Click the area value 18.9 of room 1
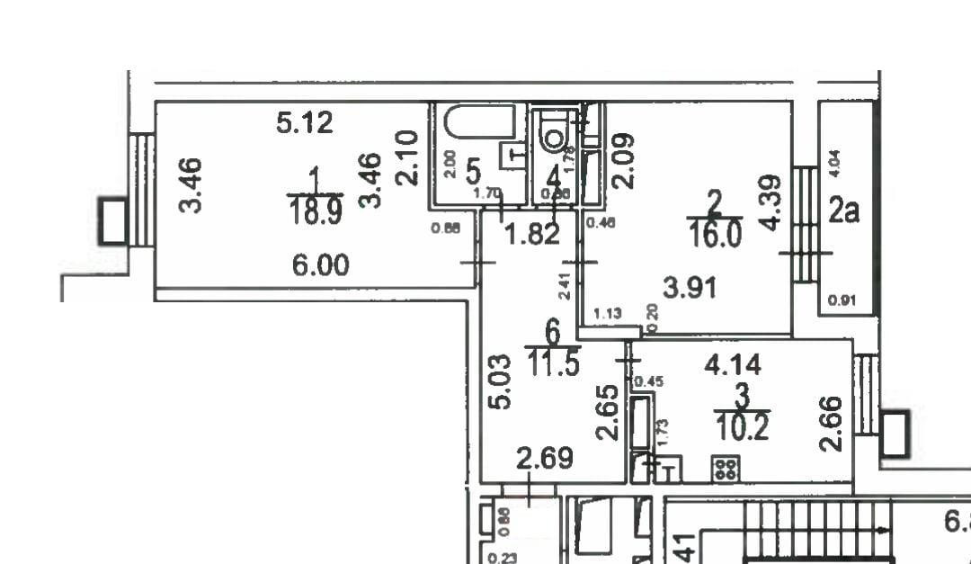307,213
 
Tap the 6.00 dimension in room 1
320,265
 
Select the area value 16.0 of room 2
714,236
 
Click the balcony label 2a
844,211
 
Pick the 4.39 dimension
771,202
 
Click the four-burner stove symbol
726,468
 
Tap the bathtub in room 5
476,121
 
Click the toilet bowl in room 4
555,135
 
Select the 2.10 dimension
407,158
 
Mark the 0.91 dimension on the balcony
840,301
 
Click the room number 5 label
473,167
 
